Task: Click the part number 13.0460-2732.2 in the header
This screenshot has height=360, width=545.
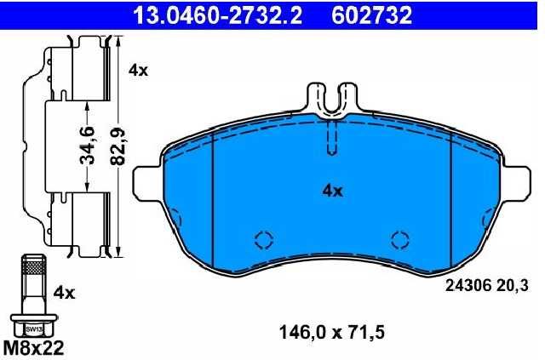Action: [218, 15]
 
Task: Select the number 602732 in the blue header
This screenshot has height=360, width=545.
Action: [371, 15]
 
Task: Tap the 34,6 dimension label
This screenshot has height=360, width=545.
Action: [87, 146]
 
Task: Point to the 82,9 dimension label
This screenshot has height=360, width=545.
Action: [118, 146]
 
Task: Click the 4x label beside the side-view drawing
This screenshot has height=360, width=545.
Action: [138, 71]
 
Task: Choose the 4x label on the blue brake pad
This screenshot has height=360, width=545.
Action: [333, 191]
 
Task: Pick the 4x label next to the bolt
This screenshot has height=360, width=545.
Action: [64, 294]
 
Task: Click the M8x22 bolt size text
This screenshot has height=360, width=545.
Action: [33, 346]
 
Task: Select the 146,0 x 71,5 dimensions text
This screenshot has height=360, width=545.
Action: [332, 333]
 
